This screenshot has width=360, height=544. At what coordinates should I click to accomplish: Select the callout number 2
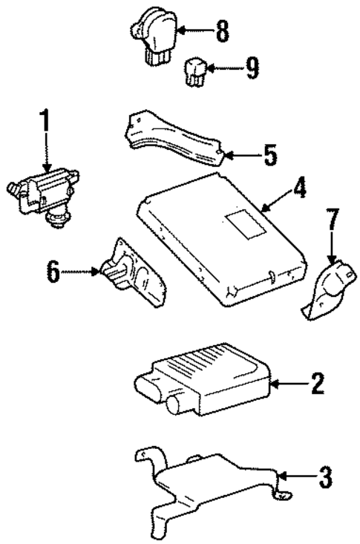pos(317,384)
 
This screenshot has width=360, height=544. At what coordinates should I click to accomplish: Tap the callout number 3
pos(324,477)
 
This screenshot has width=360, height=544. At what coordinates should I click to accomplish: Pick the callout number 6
pos(53,272)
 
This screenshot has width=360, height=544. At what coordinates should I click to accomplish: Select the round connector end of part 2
pos(175,404)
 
